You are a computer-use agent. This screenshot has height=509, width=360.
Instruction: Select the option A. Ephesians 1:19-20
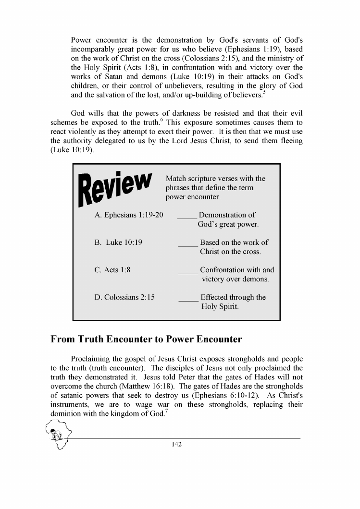click(x=129, y=215)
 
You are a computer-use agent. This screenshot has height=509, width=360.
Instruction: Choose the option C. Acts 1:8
click(x=112, y=270)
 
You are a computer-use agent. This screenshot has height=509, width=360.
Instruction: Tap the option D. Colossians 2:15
click(x=124, y=297)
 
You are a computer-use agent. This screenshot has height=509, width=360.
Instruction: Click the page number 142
click(x=176, y=445)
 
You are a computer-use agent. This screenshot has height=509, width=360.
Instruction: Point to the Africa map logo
click(x=59, y=435)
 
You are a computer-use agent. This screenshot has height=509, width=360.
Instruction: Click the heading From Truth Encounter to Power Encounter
click(x=146, y=339)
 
